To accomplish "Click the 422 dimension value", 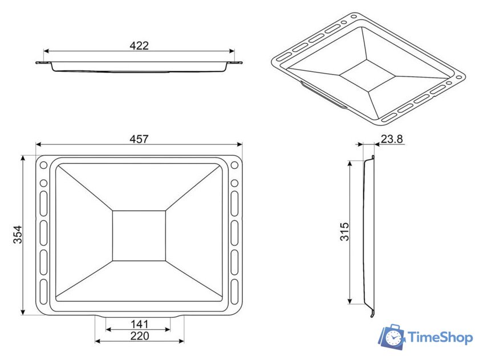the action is tap(139, 46).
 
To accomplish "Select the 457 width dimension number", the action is tap(139, 139).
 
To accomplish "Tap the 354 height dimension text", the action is tap(18, 234).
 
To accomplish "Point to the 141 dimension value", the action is tap(139, 324).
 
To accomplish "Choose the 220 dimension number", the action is tap(140, 336).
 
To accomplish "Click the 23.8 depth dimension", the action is tap(392, 139).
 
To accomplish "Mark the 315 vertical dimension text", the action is tap(344, 231).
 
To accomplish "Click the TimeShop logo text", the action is tap(440, 338).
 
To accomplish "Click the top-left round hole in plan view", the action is tap(44, 165).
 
